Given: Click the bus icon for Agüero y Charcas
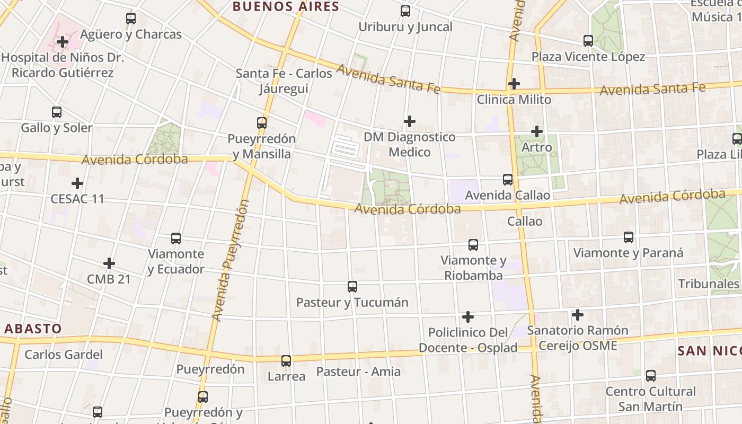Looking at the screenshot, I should pos(131,19).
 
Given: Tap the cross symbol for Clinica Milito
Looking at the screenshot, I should pos(514,84).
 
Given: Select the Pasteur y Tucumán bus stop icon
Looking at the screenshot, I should pos(352,287).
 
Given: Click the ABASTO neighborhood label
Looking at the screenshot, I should pos(33,329).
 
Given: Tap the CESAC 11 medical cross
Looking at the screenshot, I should pos(77,184).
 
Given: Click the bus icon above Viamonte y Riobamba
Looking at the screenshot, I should pos(473,245).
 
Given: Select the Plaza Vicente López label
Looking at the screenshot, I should pos(588,57).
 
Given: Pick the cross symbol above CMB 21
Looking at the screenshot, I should pos(109,263).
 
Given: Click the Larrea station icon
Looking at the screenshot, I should pos(286,361).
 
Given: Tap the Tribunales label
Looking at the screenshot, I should pos(709,284).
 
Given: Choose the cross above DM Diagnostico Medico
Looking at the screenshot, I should pos(409,122).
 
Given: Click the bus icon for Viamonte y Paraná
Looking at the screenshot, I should pos(629,237).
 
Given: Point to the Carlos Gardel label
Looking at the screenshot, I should pos(64,354).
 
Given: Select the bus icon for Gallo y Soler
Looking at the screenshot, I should pos(57,112).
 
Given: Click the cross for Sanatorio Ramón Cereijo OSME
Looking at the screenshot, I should pos(578,315).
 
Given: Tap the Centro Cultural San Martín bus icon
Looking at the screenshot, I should pos(651,376).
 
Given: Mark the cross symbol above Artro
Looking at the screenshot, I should pos(537,131).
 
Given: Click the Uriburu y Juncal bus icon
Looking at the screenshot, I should pos(405,11).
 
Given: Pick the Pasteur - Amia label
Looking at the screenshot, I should pos(358,372).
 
